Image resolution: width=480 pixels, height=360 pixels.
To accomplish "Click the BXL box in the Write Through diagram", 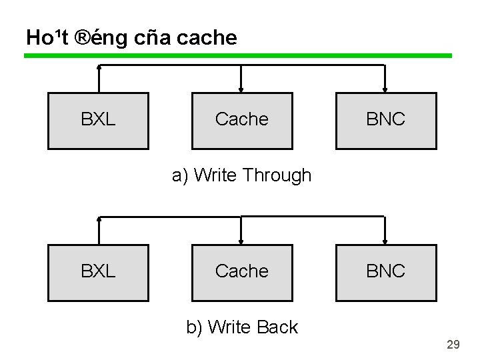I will click(98, 121).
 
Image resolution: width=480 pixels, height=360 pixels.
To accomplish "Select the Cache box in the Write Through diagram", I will click(242, 121).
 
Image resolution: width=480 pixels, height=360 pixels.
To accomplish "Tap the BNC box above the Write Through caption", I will click(386, 121).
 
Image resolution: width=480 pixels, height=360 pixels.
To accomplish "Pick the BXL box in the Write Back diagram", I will click(98, 273).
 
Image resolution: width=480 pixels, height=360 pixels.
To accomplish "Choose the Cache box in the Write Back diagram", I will click(242, 273).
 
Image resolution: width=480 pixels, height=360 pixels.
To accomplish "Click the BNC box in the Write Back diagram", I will click(386, 273).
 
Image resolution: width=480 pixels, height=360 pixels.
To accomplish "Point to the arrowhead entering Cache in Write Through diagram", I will click(241, 89).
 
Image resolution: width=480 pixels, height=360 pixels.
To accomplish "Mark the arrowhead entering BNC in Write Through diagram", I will click(385, 89).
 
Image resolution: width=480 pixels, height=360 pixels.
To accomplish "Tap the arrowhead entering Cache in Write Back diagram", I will click(241, 241).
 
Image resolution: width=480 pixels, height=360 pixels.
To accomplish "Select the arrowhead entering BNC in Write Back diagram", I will click(385, 241).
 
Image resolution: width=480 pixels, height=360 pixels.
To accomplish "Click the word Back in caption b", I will click(277, 327).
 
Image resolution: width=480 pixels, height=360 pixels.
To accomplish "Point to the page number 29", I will click(453, 345).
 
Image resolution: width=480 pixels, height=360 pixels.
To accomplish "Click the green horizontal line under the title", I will click(238, 56).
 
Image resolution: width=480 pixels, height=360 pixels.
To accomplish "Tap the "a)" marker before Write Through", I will click(180, 176).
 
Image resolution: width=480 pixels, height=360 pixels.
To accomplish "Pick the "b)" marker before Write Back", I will click(195, 327).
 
